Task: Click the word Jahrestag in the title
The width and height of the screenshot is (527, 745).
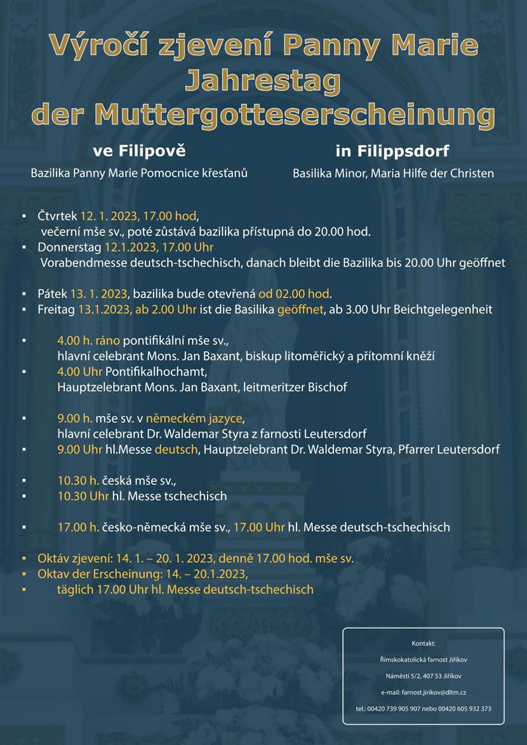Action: click(x=263, y=81)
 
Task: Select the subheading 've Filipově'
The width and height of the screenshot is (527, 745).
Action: click(x=139, y=151)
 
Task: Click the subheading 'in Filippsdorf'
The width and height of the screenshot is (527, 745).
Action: click(x=392, y=152)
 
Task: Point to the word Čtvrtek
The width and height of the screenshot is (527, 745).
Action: click(x=57, y=216)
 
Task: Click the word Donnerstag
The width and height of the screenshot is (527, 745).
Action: click(x=70, y=246)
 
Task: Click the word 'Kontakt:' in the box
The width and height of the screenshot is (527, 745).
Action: click(x=424, y=643)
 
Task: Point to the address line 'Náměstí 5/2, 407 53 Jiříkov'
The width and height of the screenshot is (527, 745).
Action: click(x=424, y=676)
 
